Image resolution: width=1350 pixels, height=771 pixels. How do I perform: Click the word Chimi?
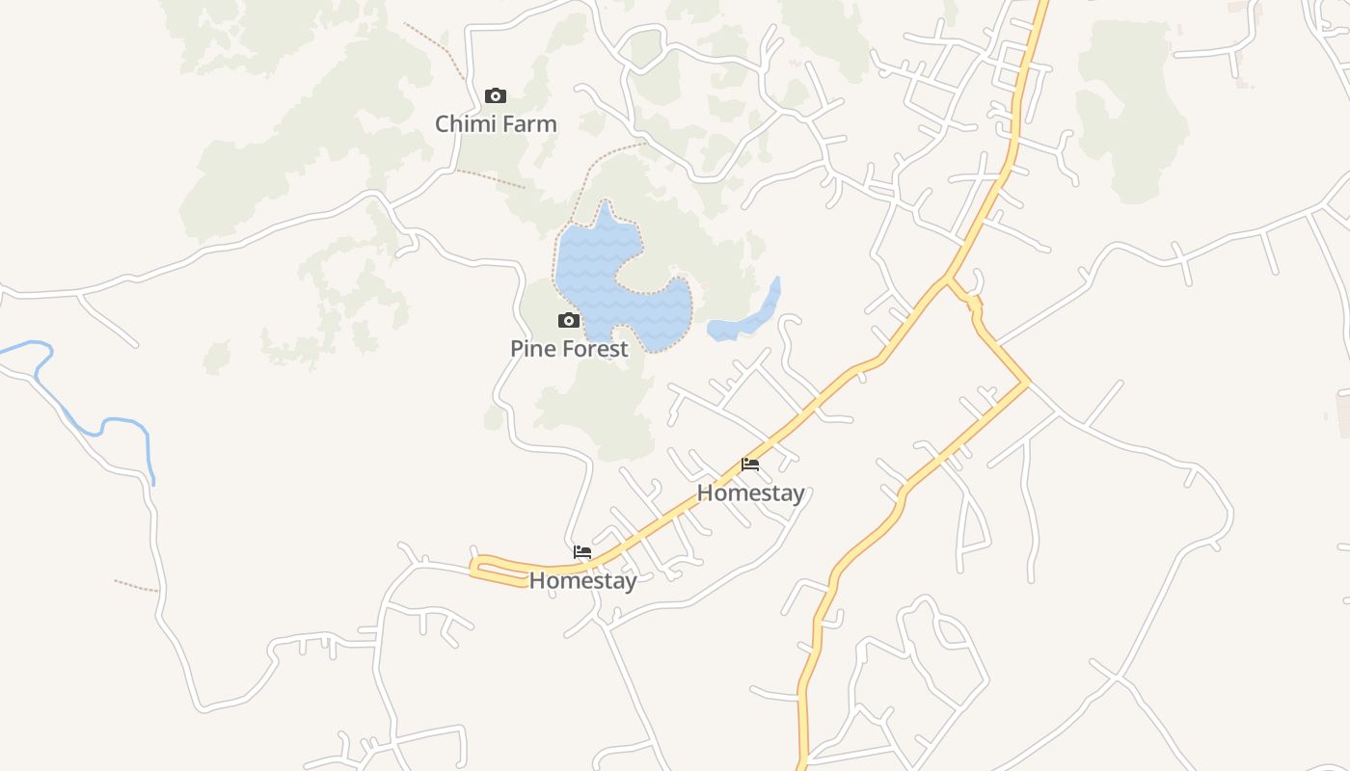pyautogui.click(x=464, y=124)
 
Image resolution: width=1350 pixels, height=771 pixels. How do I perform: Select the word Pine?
pyautogui.click(x=529, y=349)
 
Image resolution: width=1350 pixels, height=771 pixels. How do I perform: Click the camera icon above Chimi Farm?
pyautogui.click(x=496, y=95)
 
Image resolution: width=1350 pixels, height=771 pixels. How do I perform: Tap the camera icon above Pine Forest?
pyautogui.click(x=569, y=321)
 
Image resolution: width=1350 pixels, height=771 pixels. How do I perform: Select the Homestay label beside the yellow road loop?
pyautogui.click(x=582, y=581)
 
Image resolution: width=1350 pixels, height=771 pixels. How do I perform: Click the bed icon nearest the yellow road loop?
pyautogui.click(x=582, y=552)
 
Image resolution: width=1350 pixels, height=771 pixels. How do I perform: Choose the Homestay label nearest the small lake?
pyautogui.click(x=750, y=493)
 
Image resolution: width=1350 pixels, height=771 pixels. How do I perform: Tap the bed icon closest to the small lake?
pyautogui.click(x=750, y=465)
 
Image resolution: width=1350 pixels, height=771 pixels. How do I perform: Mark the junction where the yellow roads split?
pyautogui.click(x=949, y=280)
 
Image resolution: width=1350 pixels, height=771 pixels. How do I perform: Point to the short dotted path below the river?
pyautogui.click(x=136, y=585)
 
